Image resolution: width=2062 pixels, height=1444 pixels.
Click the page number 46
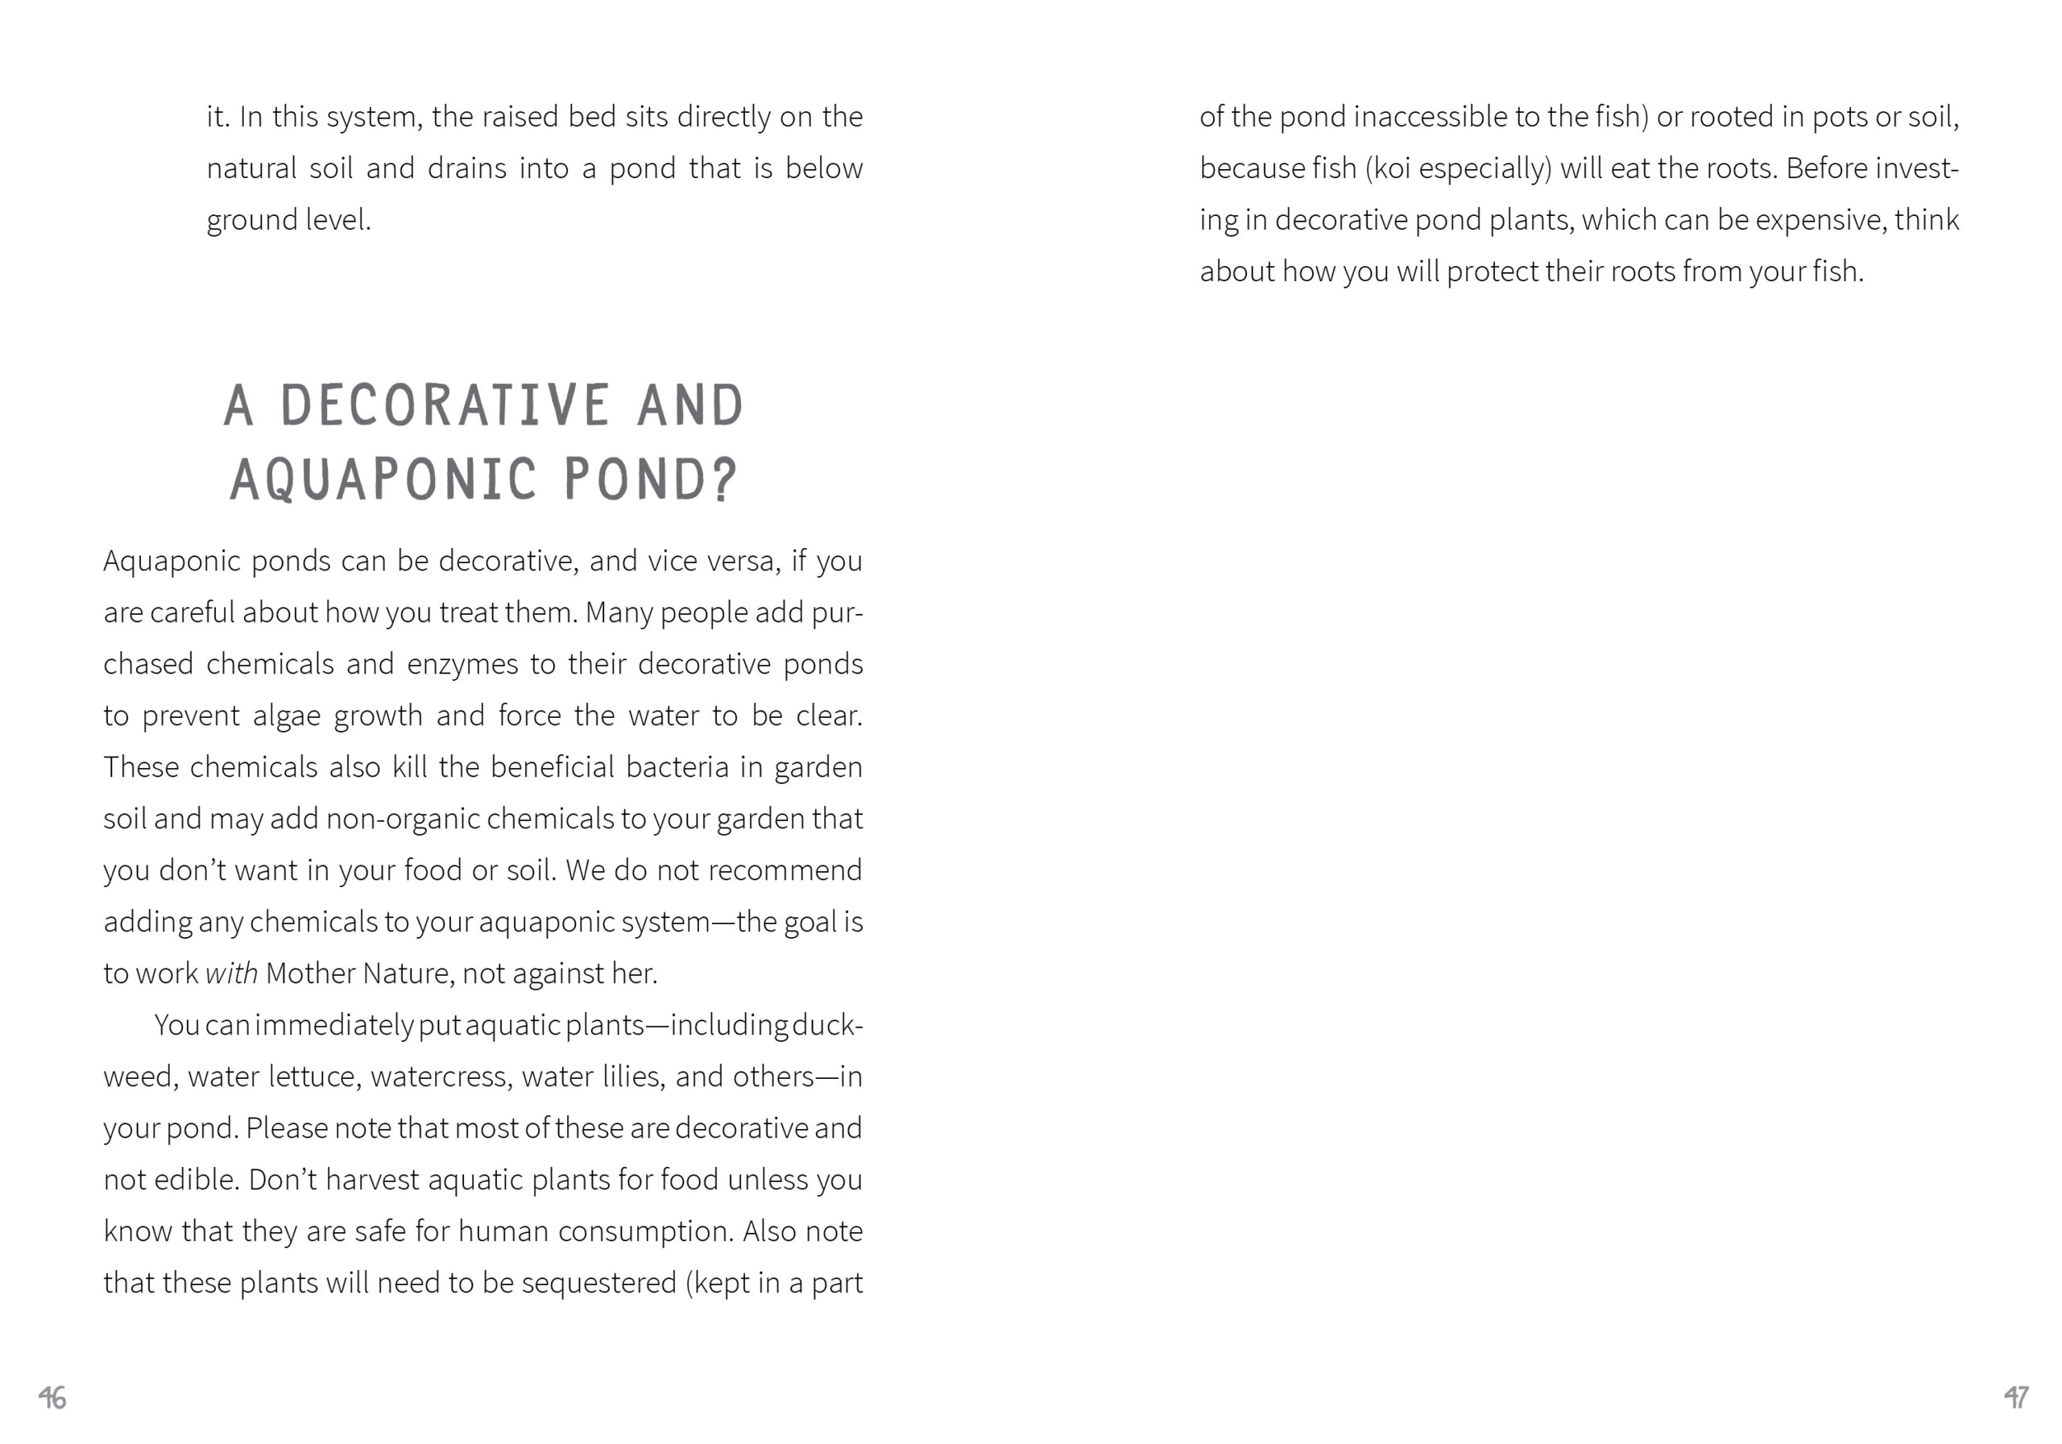click(52, 1397)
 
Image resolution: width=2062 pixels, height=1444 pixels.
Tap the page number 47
click(2016, 1397)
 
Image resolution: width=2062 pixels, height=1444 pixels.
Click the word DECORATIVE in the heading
click(445, 406)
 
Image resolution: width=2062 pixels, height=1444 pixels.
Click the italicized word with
click(232, 973)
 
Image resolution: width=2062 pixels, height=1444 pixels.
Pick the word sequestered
click(599, 1282)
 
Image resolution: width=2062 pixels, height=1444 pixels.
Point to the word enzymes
click(462, 664)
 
